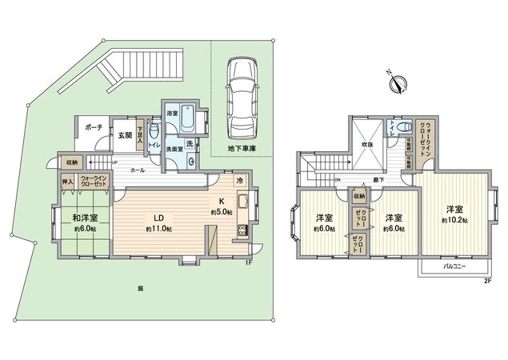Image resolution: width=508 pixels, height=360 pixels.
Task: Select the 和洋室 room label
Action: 86,218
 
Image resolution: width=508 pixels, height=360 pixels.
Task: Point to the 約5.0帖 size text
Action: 222,212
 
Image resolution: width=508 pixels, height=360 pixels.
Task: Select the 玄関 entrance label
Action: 126,135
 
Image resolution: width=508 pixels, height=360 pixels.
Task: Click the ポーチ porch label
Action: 94,126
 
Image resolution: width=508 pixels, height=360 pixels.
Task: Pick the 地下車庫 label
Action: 238,150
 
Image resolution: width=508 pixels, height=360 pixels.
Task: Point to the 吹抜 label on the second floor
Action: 367,145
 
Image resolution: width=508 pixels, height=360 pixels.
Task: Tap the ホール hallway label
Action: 137,170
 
